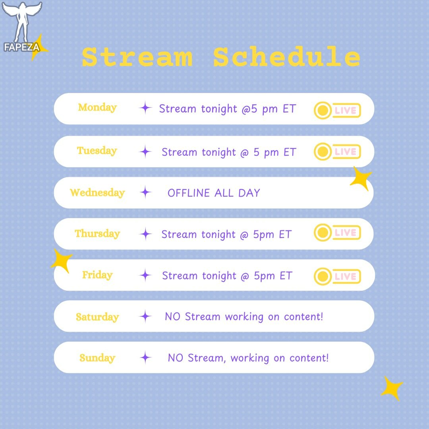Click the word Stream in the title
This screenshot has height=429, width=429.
pos(137,57)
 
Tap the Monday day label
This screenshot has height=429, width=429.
pos(97,108)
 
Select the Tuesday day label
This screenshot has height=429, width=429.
pos(97,151)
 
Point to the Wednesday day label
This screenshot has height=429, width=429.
pos(97,192)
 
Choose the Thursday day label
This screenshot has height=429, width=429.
pos(97,234)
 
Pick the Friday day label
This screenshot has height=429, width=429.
pos(97,275)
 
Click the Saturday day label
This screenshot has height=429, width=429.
pos(97,317)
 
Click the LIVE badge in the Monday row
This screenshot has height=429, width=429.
pos(337,110)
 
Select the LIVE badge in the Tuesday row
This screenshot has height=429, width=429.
pos(337,151)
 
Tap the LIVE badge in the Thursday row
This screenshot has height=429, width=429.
pos(337,233)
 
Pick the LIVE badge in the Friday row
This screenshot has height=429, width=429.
pos(337,276)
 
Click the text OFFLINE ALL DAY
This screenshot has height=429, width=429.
pos(214,193)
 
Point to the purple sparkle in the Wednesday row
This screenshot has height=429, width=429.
pos(145,192)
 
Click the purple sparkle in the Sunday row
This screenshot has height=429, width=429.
pos(145,357)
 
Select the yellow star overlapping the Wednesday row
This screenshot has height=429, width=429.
pos(361,178)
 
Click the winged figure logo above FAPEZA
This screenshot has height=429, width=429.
pos(22,21)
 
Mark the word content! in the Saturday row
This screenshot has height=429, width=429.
pos(303,317)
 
